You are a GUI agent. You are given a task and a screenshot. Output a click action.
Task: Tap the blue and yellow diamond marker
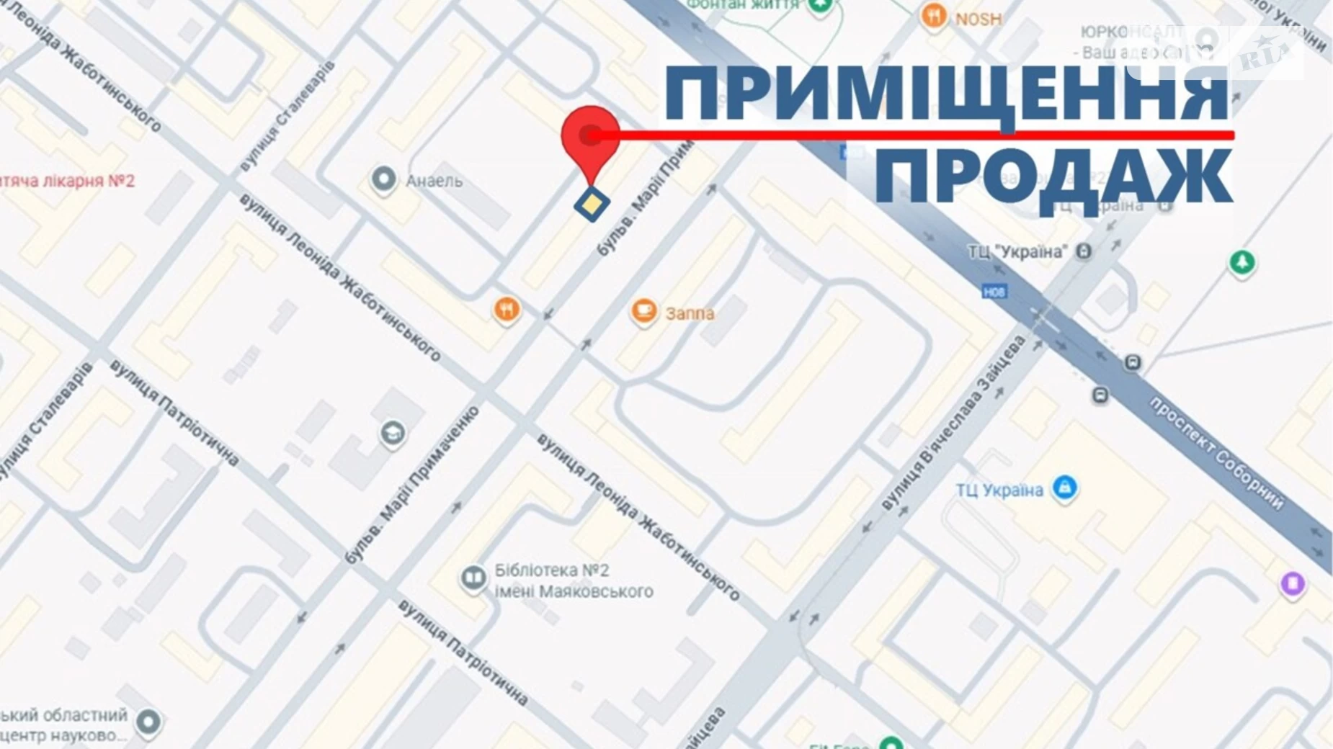tap(592, 204)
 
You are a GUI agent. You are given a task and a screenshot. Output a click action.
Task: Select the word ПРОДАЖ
tap(1053, 177)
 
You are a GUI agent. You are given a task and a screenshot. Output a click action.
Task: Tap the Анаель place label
tap(434, 181)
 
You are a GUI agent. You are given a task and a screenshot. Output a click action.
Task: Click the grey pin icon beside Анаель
tap(383, 179)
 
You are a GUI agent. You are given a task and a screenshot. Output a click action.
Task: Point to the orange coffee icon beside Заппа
tap(643, 312)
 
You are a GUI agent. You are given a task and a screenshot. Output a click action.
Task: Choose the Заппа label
tap(690, 313)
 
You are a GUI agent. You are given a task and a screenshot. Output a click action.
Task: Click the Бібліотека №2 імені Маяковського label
tap(573, 580)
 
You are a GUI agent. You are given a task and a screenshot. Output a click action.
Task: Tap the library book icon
tap(473, 578)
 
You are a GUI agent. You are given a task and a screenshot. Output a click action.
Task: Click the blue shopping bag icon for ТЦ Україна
tap(1064, 488)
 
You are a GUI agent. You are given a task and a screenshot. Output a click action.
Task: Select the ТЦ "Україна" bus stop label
tap(1017, 252)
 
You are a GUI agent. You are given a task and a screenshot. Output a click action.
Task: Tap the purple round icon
tap(1292, 583)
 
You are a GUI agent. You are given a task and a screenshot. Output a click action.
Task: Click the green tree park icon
tap(1241, 262)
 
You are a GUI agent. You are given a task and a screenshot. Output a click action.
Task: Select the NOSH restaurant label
tap(978, 19)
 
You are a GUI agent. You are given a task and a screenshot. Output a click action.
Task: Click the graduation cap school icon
tap(393, 433)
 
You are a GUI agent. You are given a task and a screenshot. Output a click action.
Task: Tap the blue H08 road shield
tap(994, 292)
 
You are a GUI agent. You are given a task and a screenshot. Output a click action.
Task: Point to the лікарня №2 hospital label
tap(68, 181)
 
